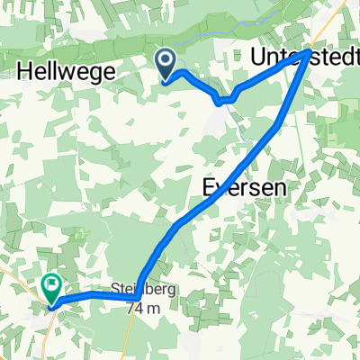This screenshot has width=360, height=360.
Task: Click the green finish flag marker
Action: click(x=51, y=288)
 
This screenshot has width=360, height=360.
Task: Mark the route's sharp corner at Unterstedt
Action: click(x=310, y=53)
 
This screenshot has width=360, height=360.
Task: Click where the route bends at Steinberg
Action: click(x=135, y=296)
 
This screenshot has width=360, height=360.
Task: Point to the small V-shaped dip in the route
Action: click(x=222, y=101)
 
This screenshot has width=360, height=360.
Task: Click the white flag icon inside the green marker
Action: click(x=51, y=286)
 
